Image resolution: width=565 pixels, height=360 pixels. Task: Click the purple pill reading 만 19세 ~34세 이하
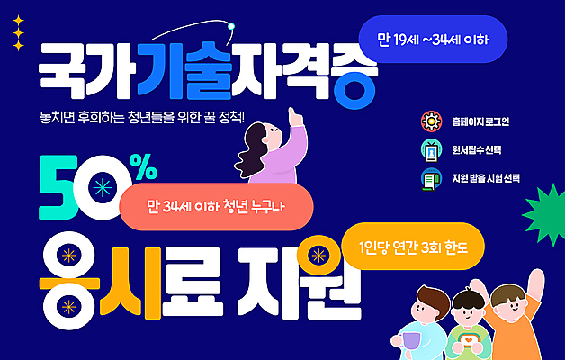tap(433, 41)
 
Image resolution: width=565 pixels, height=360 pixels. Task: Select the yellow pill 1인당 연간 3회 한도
tap(414, 246)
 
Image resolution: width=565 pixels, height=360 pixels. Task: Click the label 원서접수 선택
tap(478, 149)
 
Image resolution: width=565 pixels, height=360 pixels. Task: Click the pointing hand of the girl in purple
tap(294, 116)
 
